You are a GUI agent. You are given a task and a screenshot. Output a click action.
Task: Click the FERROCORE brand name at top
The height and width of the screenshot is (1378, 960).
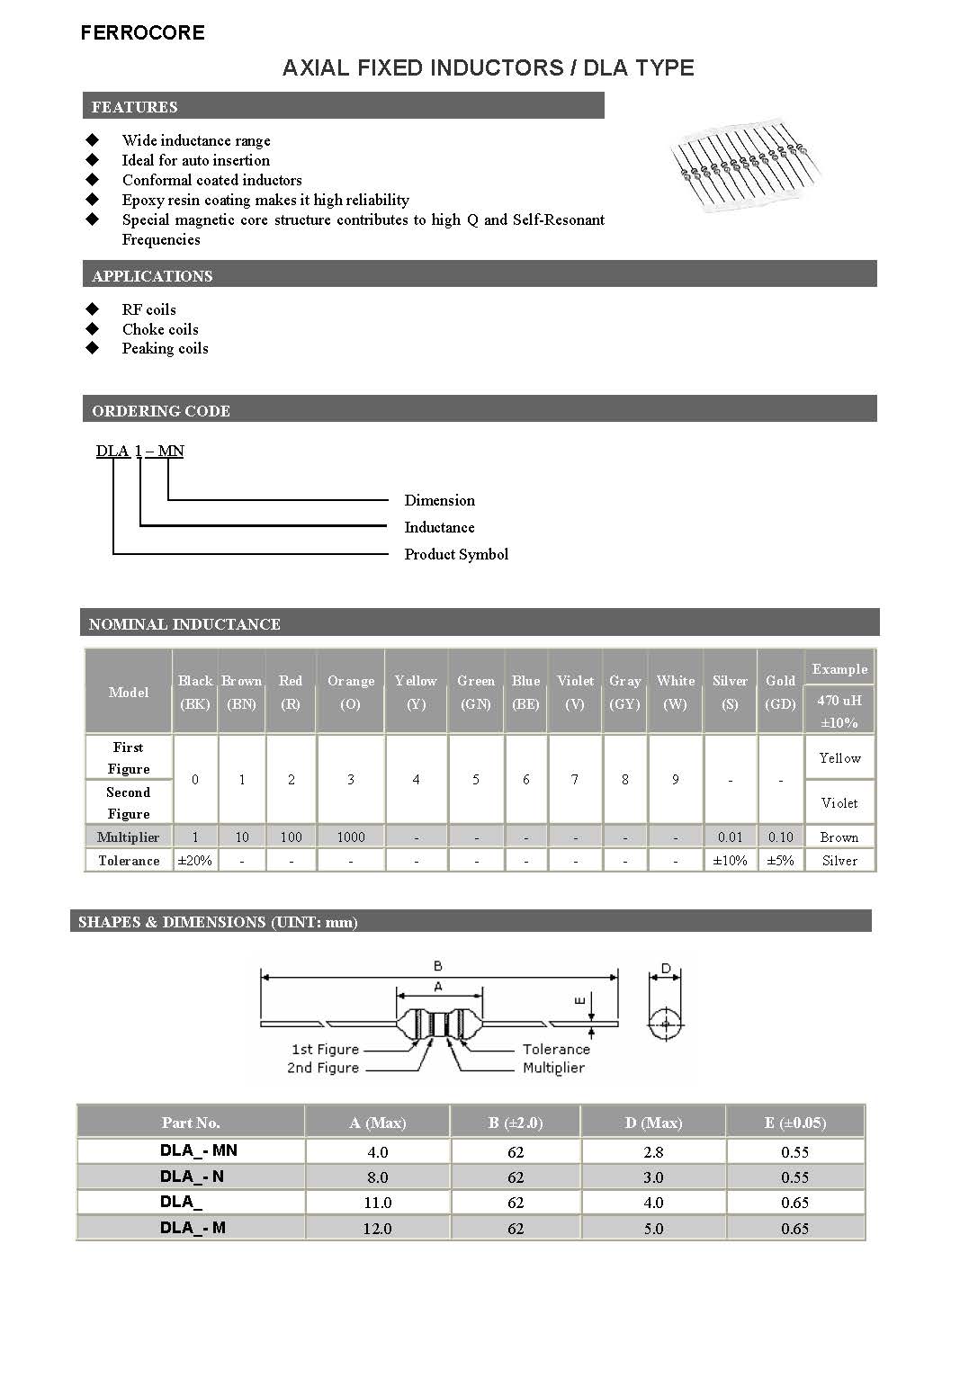pyautogui.click(x=142, y=33)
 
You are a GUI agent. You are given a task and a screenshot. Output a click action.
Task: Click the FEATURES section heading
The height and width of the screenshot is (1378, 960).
pyautogui.click(x=135, y=107)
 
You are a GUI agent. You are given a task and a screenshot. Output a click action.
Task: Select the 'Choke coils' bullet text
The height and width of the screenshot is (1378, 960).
pyautogui.click(x=160, y=329)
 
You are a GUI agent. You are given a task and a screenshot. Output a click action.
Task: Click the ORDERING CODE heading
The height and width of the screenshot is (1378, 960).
pyautogui.click(x=161, y=411)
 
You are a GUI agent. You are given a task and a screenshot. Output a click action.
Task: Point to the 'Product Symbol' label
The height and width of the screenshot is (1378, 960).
pyautogui.click(x=456, y=554)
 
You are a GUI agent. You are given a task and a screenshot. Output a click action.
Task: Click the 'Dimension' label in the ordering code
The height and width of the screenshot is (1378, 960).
pyautogui.click(x=439, y=500)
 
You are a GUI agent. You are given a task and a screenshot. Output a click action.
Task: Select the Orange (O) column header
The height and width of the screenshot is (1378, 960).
pyautogui.click(x=351, y=692)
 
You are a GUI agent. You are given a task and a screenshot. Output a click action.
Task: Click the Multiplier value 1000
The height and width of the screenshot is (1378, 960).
pyautogui.click(x=351, y=837)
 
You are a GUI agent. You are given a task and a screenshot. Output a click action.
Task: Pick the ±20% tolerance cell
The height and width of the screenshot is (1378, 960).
pyautogui.click(x=195, y=861)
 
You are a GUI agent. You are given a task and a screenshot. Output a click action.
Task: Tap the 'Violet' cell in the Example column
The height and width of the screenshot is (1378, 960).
pyautogui.click(x=839, y=802)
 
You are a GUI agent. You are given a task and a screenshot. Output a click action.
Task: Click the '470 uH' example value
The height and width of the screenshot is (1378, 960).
pyautogui.click(x=839, y=700)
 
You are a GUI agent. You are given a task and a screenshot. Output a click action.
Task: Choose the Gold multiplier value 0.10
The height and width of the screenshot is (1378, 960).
pyautogui.click(x=780, y=837)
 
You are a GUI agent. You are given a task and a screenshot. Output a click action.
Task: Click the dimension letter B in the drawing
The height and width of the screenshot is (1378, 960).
pyautogui.click(x=438, y=966)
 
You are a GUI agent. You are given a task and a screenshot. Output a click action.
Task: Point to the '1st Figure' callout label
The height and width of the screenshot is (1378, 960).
pyautogui.click(x=325, y=1049)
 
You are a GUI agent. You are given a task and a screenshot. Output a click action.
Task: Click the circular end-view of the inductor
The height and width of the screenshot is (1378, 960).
pyautogui.click(x=665, y=1024)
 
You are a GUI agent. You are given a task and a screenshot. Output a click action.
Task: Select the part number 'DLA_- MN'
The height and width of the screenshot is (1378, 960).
pyautogui.click(x=198, y=1150)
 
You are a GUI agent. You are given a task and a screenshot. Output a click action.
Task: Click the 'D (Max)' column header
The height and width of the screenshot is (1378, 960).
pyautogui.click(x=653, y=1123)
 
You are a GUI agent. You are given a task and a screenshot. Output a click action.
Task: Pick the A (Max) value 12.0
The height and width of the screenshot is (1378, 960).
pyautogui.click(x=377, y=1228)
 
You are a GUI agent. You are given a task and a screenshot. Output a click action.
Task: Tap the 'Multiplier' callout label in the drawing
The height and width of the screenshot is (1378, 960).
pyautogui.click(x=553, y=1068)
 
